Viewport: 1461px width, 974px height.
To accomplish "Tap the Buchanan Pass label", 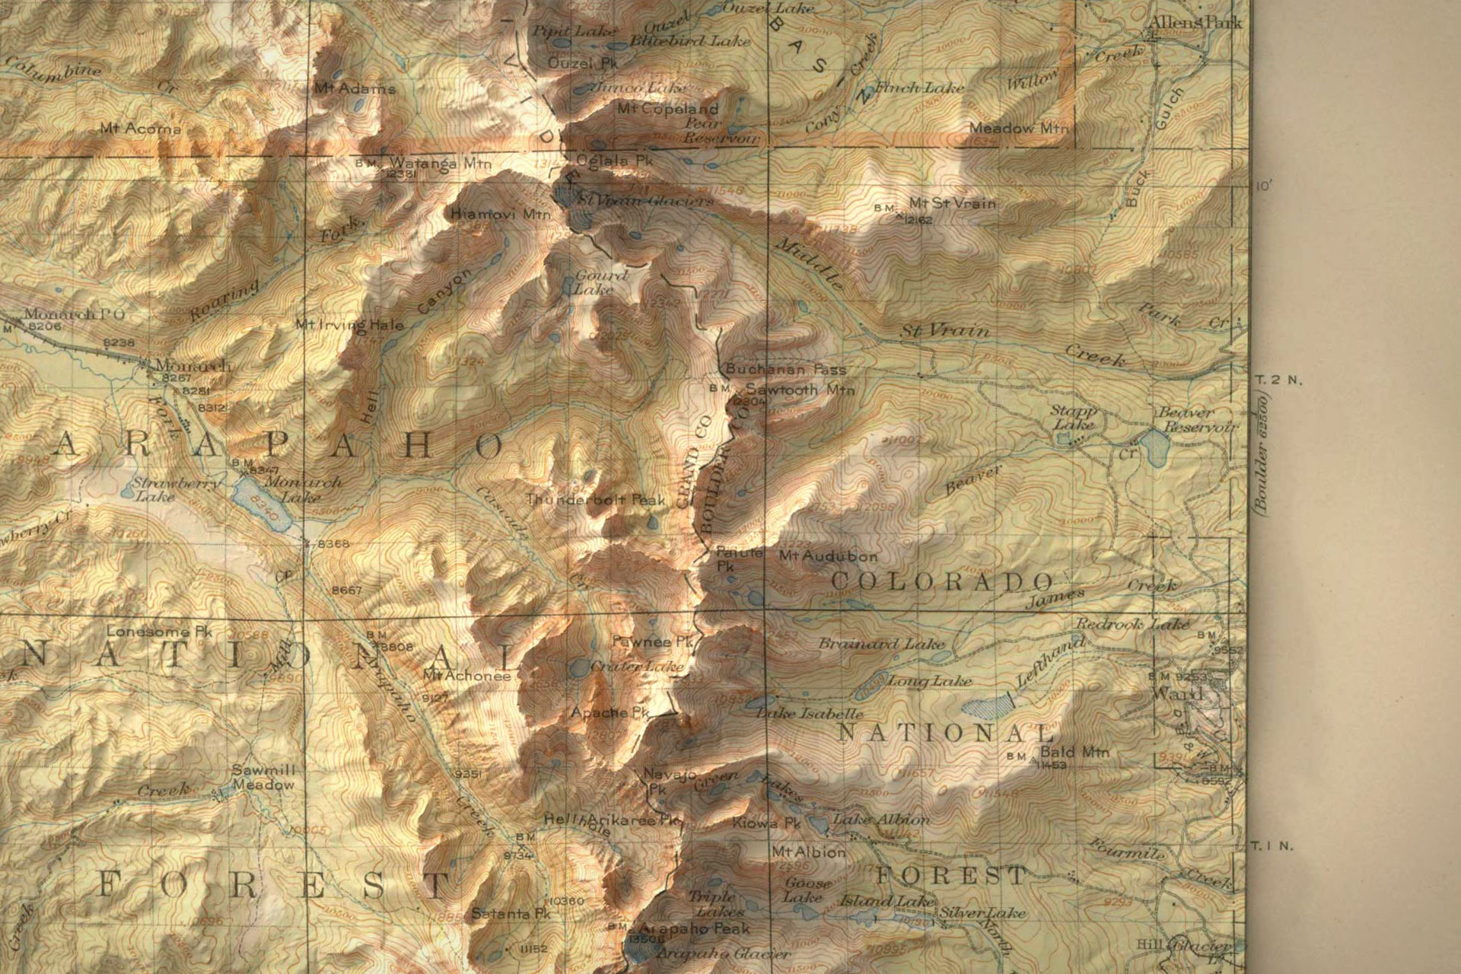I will (785, 370).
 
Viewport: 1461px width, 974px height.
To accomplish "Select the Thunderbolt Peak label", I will (596, 500).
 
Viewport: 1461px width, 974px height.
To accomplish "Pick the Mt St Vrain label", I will (952, 203).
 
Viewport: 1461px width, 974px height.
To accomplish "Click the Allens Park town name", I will (1195, 23).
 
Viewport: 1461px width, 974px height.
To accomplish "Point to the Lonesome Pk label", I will (159, 631).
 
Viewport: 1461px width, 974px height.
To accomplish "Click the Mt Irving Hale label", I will (350, 325).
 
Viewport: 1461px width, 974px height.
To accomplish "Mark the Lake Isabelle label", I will (810, 714).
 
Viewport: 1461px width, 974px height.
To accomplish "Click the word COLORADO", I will (941, 581).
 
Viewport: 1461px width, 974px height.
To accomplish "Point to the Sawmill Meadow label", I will (263, 777).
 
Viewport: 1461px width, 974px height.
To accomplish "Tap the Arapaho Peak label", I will (693, 928).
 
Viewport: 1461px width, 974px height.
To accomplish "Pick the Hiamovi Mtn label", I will (500, 215).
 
